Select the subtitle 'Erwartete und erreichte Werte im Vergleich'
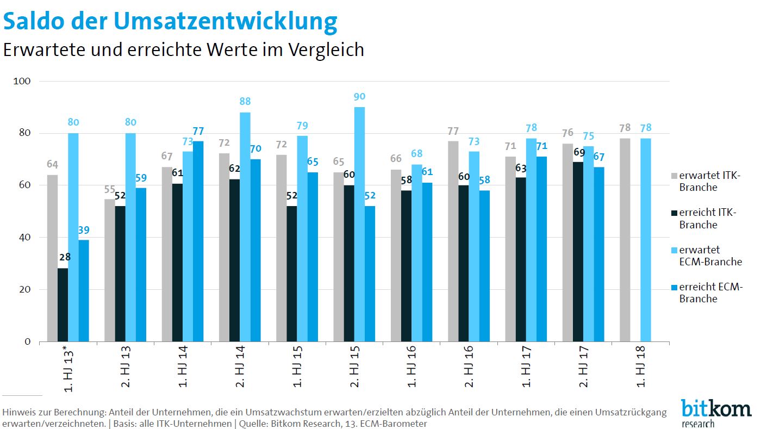tap(183, 50)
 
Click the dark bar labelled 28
tap(63, 304)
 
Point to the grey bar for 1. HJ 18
tap(625, 240)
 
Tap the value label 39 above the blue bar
tap(84, 230)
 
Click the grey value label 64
tap(53, 165)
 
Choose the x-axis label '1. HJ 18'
tap(641, 369)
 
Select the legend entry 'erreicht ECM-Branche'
tap(710, 293)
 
